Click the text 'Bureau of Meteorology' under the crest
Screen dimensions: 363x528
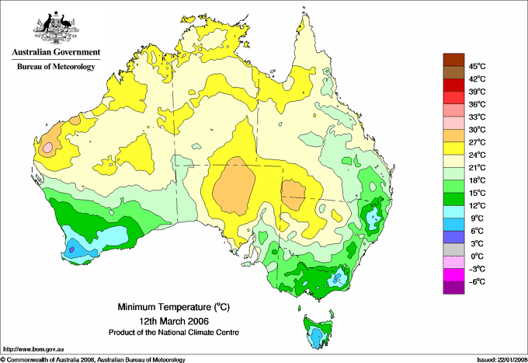(55, 67)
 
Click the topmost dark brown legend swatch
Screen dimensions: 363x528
(452, 59)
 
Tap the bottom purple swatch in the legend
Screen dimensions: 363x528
(452, 288)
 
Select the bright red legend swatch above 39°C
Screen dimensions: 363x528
(452, 85)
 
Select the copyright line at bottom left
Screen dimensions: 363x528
(93, 359)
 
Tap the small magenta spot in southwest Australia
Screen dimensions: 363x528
(71, 249)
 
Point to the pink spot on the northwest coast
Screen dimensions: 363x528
(48, 146)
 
